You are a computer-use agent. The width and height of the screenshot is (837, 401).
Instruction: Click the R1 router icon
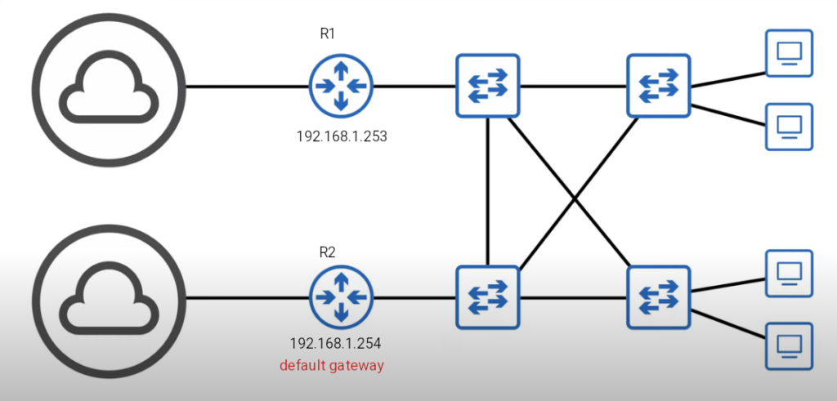[341, 86]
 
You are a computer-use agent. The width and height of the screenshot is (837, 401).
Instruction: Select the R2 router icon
[341, 297]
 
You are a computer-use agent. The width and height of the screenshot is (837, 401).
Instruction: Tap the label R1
[328, 34]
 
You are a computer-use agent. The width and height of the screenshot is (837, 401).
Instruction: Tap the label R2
[328, 252]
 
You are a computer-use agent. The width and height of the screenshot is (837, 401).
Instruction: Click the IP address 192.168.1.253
[341, 136]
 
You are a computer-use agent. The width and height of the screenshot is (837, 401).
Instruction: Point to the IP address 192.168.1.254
[335, 343]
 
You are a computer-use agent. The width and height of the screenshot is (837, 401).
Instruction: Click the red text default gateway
[331, 365]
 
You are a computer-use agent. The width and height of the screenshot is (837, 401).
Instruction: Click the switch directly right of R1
[488, 86]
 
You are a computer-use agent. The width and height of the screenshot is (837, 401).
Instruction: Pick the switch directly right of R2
[488, 297]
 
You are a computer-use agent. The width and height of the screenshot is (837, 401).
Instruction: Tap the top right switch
[659, 86]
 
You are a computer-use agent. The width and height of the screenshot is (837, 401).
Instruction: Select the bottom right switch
[659, 297]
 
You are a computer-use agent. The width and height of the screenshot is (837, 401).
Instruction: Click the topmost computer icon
[789, 53]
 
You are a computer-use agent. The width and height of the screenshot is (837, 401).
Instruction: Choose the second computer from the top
[789, 127]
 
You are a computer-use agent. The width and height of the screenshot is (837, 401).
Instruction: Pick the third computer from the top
[789, 274]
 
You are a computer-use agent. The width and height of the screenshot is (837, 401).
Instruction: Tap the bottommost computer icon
[789, 344]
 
